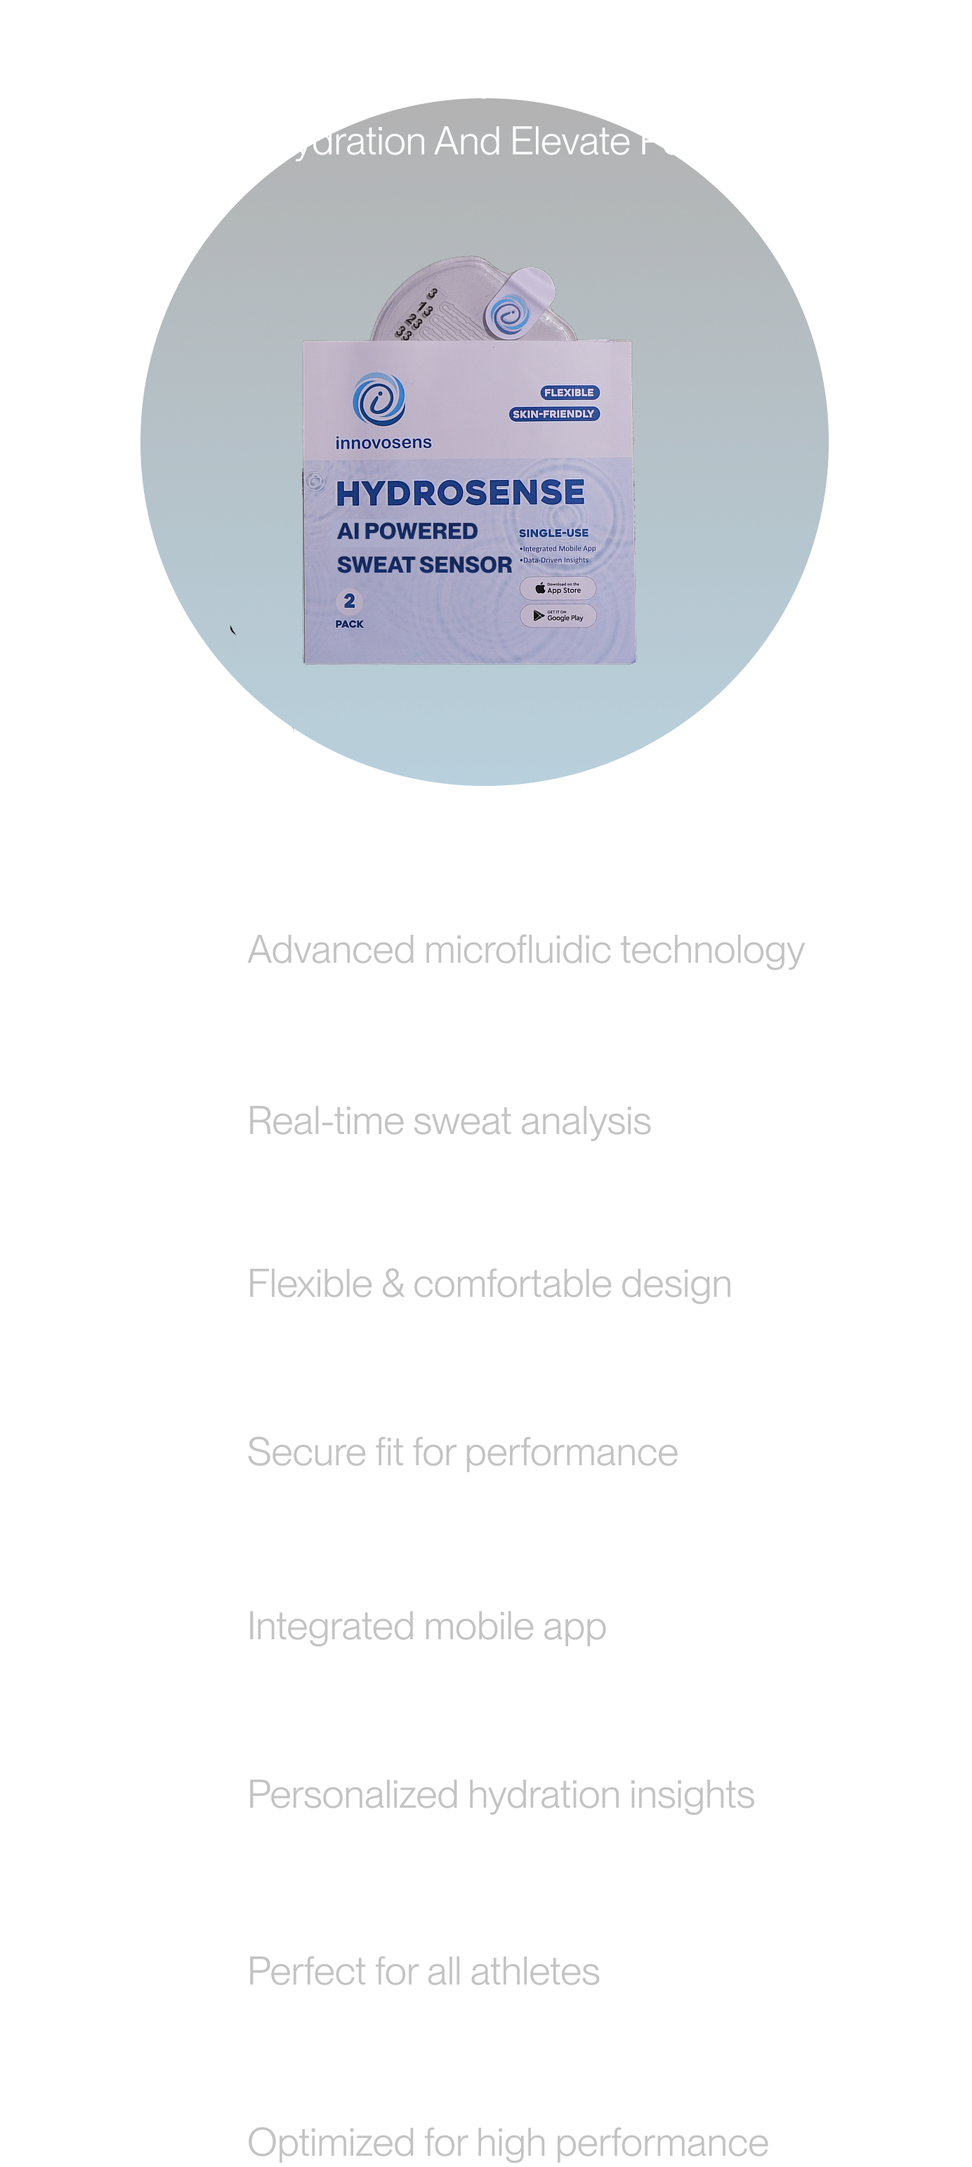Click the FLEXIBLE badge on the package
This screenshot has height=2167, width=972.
(x=569, y=393)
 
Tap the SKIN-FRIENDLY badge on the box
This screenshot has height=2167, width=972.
(x=553, y=414)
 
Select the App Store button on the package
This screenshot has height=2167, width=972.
(x=557, y=588)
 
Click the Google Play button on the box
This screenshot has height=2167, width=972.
(x=557, y=615)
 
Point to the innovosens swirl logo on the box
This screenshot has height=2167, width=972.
(x=379, y=399)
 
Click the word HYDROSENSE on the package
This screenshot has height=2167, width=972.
(x=459, y=493)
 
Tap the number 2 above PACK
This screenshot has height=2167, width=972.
(x=349, y=601)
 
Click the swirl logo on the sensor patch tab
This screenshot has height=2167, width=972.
(x=508, y=316)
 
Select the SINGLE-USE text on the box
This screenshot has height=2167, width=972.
(x=553, y=533)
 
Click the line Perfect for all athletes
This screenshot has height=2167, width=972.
(x=423, y=1971)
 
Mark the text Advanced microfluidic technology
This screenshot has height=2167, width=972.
(x=525, y=949)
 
